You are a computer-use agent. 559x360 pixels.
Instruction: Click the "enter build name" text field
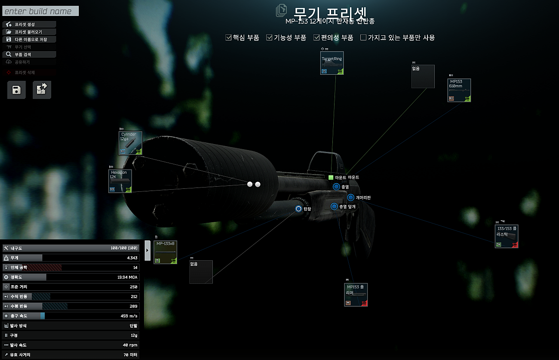tap(40, 11)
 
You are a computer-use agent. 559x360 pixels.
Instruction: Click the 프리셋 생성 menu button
tap(29, 25)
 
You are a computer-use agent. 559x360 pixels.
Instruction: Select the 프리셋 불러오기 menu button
tap(29, 32)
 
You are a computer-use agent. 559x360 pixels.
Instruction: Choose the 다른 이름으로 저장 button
tap(29, 40)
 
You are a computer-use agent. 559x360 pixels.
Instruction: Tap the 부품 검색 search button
tap(29, 55)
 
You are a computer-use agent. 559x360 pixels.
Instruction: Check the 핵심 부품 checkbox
tap(229, 38)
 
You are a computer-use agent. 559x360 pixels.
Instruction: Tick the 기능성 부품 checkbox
tap(270, 38)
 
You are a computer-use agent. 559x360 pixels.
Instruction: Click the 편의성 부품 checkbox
tap(317, 38)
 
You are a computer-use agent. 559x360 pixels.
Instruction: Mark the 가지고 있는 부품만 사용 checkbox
tap(363, 38)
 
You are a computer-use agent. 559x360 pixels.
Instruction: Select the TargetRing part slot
tap(332, 63)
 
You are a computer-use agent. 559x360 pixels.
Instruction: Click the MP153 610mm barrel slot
tap(459, 90)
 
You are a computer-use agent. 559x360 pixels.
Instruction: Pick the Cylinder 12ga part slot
tap(130, 143)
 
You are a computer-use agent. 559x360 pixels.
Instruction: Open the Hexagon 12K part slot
tap(120, 181)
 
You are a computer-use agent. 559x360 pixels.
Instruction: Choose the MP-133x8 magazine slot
tap(166, 252)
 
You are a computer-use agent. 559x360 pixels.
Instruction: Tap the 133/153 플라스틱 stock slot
tap(506, 236)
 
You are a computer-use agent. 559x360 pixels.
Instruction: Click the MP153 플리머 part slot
tap(356, 295)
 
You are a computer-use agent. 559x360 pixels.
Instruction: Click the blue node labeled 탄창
tap(299, 209)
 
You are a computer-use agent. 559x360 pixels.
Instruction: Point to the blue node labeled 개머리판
tap(350, 197)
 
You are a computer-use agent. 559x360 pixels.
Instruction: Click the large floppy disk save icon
tap(17, 90)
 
